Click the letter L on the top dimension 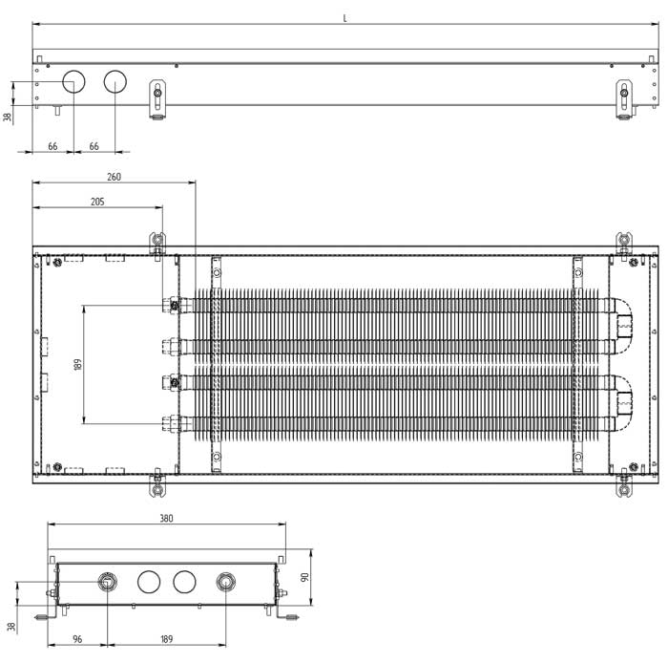[344, 18]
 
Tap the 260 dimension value [114, 177]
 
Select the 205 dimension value [96, 202]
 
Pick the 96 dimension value [77, 638]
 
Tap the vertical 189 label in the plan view [77, 363]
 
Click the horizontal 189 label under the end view [166, 638]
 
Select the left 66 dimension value [52, 145]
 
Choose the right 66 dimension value [94, 145]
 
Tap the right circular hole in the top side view [115, 82]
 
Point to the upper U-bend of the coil [624, 318]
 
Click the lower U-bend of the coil [624, 396]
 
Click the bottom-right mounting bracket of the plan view [624, 483]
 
